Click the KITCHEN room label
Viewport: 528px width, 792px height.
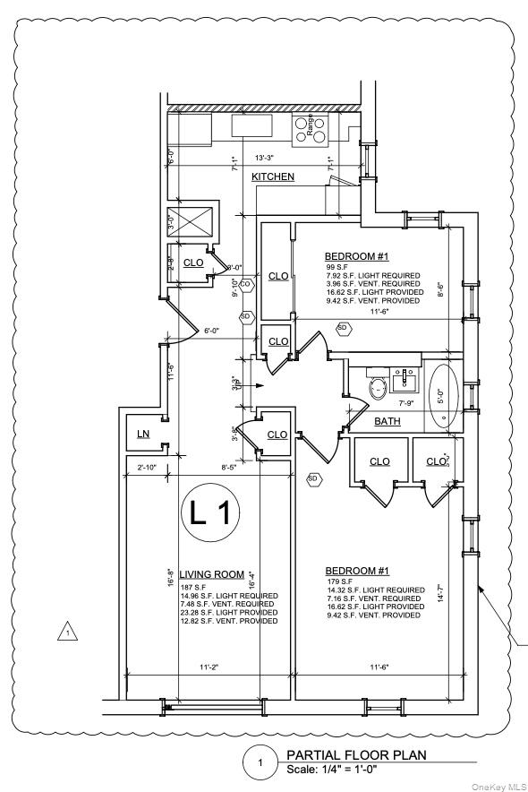273,176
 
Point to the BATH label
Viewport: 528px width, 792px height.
387,421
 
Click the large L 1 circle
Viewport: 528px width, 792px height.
211,513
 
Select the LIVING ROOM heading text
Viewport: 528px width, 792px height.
212,574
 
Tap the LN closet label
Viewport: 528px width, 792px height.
143,434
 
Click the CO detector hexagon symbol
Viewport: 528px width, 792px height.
246,285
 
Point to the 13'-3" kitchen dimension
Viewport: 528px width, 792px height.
266,159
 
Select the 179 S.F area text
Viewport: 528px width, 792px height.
340,581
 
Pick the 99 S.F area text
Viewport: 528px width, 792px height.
337,267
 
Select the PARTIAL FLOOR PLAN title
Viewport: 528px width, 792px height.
356,755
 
